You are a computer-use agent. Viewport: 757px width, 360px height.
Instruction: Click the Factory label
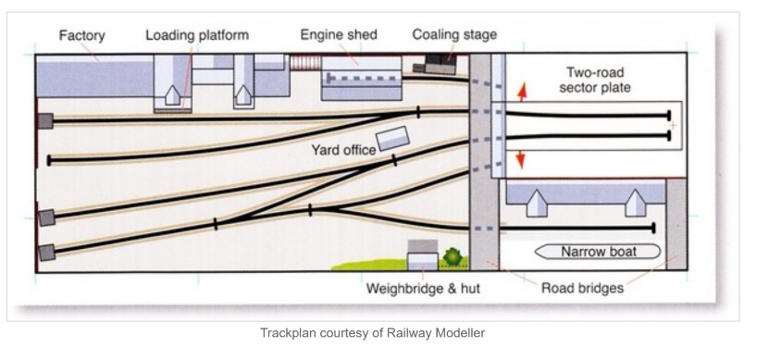[x=81, y=36]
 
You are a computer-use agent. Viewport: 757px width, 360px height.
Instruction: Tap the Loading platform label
[x=197, y=35]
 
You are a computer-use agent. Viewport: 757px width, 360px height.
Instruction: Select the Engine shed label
[x=339, y=35]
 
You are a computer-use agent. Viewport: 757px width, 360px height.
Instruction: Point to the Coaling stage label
[x=454, y=35]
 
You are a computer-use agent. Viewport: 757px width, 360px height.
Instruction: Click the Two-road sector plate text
[x=595, y=81]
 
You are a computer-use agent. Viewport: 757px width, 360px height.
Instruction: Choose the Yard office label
[x=343, y=150]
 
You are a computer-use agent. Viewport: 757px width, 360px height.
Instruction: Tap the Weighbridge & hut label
[x=423, y=289]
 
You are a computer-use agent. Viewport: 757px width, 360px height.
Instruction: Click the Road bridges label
[x=582, y=288]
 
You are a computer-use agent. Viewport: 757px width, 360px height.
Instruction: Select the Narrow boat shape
[x=598, y=252]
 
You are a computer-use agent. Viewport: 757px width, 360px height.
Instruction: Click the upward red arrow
[x=522, y=92]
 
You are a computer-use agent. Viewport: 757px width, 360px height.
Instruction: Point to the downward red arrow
[x=520, y=160]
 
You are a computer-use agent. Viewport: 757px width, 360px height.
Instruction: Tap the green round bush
[x=453, y=256]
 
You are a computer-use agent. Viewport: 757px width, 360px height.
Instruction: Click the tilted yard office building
[x=393, y=139]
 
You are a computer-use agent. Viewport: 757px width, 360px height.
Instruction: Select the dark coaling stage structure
[x=435, y=64]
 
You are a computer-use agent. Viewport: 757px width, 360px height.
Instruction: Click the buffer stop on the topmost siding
[x=45, y=120]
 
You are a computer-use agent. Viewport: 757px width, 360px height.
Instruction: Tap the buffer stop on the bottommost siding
[x=47, y=253]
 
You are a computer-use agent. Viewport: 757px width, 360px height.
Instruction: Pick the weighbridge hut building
[x=423, y=255]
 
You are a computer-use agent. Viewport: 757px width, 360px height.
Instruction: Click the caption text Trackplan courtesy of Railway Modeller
[x=372, y=332]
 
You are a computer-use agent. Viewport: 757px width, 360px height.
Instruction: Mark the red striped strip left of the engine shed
[x=305, y=63]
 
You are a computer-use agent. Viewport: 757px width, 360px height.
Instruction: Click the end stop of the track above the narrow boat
[x=653, y=228]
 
